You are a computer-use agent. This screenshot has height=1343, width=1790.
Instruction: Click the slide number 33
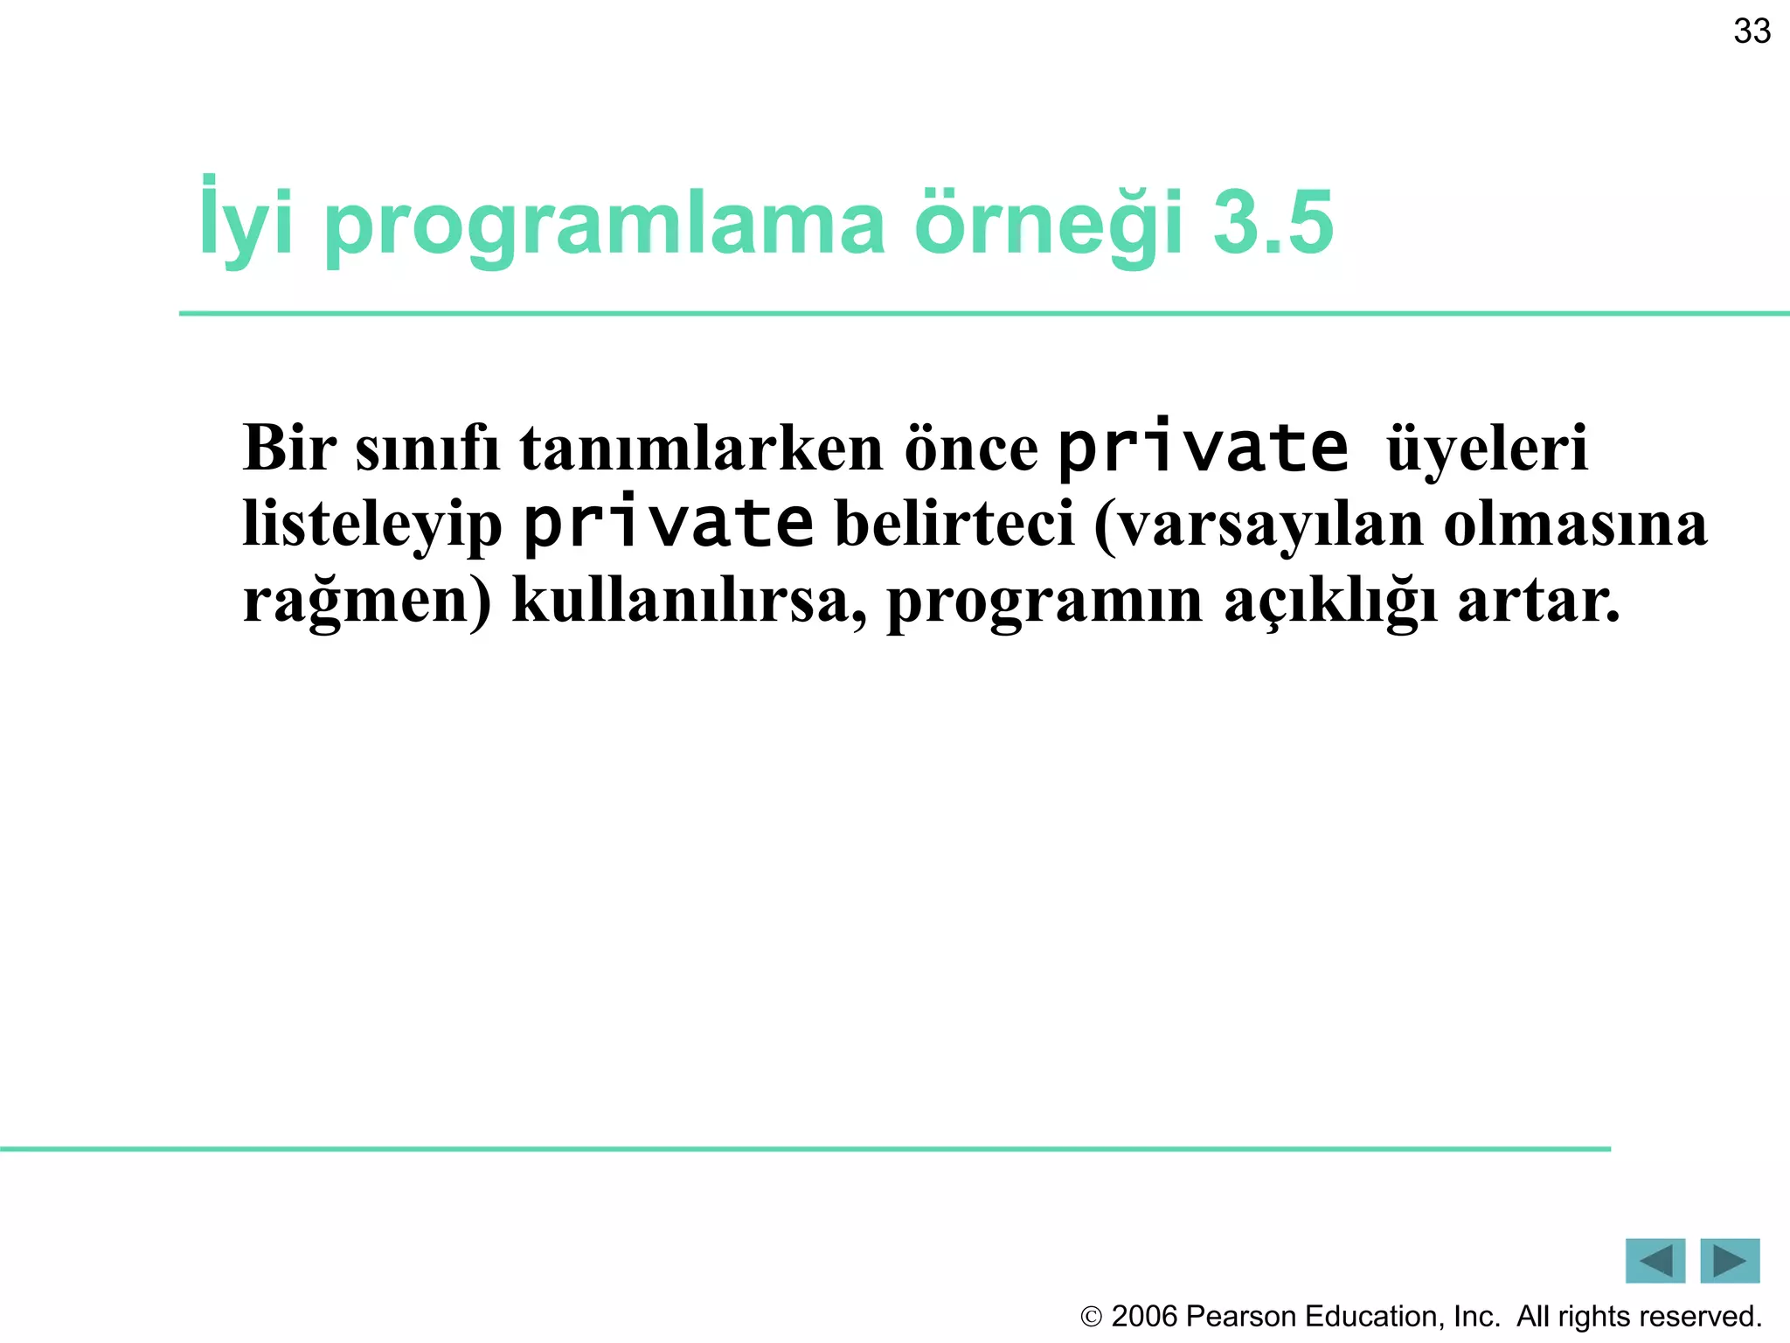(1752, 32)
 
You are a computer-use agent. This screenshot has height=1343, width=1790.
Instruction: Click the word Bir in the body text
(289, 448)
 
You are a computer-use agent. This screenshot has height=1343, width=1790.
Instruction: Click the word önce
(971, 449)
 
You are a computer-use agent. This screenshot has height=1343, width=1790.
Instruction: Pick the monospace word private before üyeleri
(1204, 448)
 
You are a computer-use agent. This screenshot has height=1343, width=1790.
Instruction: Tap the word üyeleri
(1487, 449)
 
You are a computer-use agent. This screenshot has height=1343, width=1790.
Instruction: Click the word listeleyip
(372, 525)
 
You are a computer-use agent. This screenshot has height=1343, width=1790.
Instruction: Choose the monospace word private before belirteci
(669, 524)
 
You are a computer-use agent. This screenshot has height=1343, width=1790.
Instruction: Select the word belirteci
(954, 524)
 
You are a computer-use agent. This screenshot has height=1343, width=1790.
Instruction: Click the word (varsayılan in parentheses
(1258, 525)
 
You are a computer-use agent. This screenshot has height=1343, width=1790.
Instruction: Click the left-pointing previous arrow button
(1655, 1261)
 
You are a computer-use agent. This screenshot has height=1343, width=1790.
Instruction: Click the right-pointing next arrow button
(1730, 1261)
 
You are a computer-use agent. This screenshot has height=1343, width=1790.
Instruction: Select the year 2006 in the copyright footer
(1144, 1316)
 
